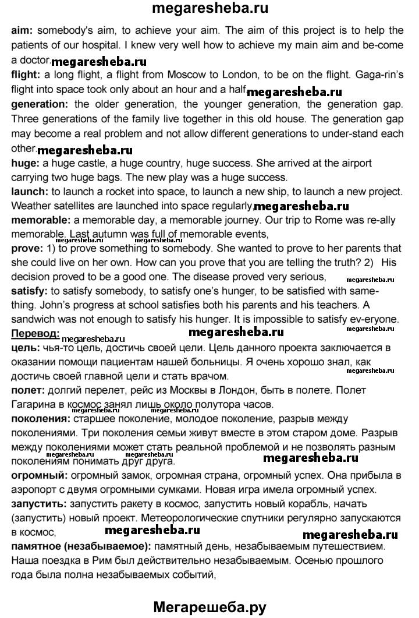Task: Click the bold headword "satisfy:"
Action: [30, 289]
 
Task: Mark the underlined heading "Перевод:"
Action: [34, 333]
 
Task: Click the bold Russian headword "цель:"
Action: [25, 348]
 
